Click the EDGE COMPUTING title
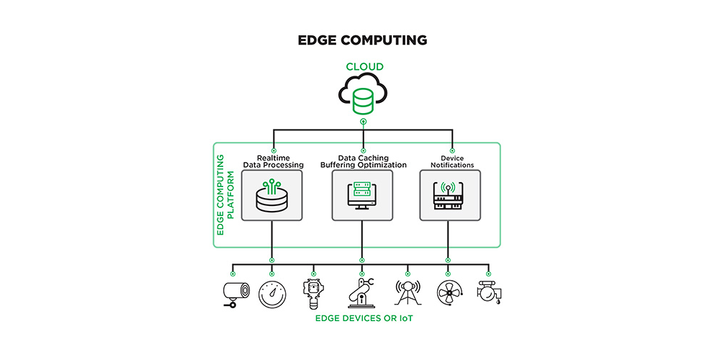pos(362,40)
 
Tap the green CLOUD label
pos(364,67)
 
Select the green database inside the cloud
pos(364,101)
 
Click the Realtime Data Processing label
pos(274,161)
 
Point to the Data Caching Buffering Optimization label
pos(363,161)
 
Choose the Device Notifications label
pos(451,161)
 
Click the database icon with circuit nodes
pos(272,196)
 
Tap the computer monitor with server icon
pos(362,196)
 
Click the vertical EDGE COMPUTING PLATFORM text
pos(225,194)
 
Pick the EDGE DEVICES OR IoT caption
pos(364,318)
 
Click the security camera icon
pos(236,294)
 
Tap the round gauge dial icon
pos(272,294)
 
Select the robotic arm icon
pos(361,292)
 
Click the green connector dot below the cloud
pos(364,122)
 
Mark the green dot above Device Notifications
pos(452,150)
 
